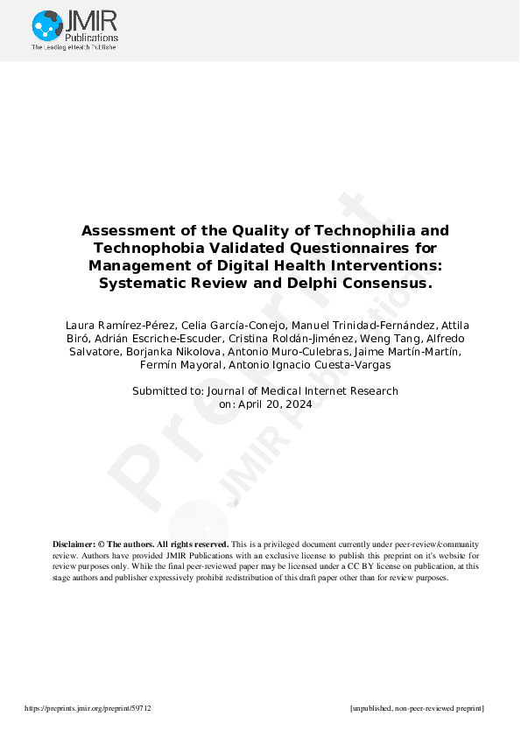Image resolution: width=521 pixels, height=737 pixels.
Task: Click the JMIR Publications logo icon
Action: point(46,25)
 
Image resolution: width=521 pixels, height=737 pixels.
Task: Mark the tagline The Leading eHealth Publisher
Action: point(74,47)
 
